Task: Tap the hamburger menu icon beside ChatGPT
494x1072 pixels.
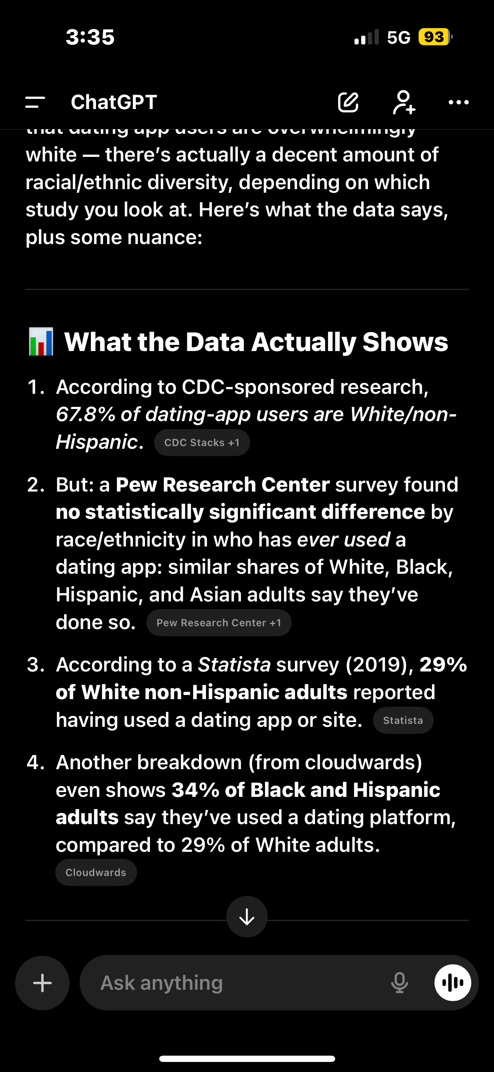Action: click(35, 102)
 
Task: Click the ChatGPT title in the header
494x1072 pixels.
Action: click(114, 102)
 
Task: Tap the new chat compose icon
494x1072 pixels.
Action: click(348, 102)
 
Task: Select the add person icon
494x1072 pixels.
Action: click(404, 102)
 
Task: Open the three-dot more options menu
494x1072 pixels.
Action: click(458, 102)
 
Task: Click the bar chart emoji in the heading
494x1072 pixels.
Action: click(41, 342)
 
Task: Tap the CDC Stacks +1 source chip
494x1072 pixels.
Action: click(202, 442)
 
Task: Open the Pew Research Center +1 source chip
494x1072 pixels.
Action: click(219, 623)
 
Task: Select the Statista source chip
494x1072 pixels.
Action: click(403, 721)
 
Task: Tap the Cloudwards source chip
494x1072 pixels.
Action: click(96, 872)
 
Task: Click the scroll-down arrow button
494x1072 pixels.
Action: click(247, 916)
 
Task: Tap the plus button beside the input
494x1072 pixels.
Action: click(42, 983)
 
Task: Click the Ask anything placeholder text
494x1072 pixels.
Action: click(162, 983)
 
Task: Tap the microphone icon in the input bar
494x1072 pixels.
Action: click(399, 983)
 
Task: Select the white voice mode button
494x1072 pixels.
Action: click(453, 983)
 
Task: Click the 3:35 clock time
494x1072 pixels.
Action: click(90, 37)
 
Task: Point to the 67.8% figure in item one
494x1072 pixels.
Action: click(85, 414)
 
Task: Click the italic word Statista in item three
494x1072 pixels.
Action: click(234, 665)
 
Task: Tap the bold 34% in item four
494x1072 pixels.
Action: click(195, 790)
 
